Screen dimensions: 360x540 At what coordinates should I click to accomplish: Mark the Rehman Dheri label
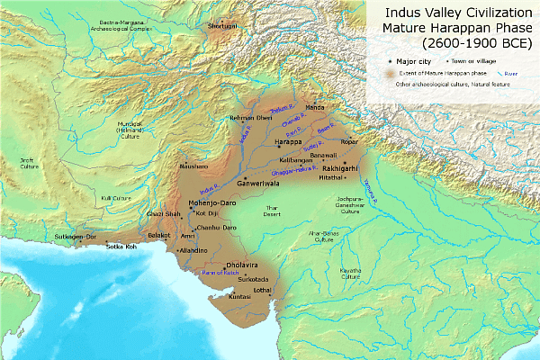[x=225, y=118]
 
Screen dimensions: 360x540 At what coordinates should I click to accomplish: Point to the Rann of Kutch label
[x=219, y=271]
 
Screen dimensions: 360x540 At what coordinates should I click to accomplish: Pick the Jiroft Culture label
[x=31, y=164]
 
